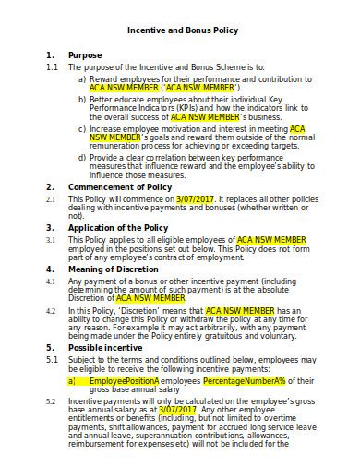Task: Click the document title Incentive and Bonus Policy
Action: click(x=182, y=30)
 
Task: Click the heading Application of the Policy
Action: click(x=117, y=227)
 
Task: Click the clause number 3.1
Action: click(x=51, y=239)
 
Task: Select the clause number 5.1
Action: click(x=51, y=360)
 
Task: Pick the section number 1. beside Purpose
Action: click(x=50, y=55)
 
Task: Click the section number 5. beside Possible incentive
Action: click(x=50, y=348)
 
